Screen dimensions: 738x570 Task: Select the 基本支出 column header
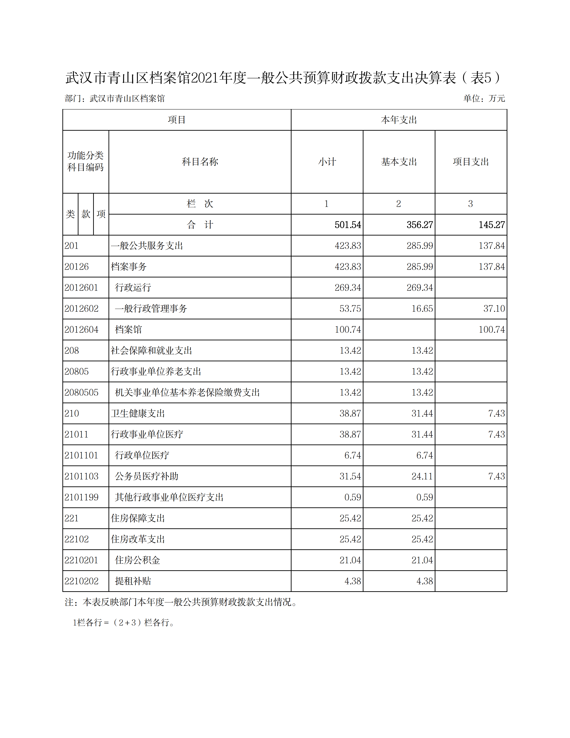tap(399, 162)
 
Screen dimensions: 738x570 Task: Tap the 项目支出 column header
tap(471, 162)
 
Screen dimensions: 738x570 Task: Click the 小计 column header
tap(327, 162)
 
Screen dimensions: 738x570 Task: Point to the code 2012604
tap(81, 329)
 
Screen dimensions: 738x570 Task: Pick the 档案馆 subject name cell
tap(128, 329)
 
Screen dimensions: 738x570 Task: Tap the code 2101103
tap(81, 476)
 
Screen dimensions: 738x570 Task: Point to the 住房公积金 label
tap(137, 560)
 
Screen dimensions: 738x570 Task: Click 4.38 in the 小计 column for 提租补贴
tap(353, 581)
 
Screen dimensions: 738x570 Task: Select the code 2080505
tap(81, 392)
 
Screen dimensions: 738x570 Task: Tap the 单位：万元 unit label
tap(484, 98)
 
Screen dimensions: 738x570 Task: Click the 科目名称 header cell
tap(200, 162)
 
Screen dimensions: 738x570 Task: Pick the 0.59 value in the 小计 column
tap(353, 497)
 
